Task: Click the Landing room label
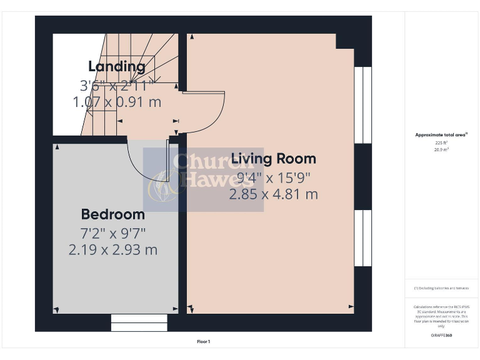click(117, 66)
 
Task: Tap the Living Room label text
click(273, 158)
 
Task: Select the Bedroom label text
click(113, 214)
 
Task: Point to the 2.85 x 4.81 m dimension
click(273, 194)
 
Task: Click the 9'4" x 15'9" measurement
click(273, 177)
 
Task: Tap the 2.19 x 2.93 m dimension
click(113, 250)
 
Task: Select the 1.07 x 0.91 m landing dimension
click(117, 102)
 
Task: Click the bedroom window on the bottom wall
click(139, 322)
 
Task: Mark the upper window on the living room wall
click(362, 104)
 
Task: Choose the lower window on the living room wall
click(362, 238)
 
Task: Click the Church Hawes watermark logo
click(203, 179)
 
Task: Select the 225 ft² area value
click(441, 142)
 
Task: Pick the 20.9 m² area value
click(441, 149)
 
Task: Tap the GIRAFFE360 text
click(441, 336)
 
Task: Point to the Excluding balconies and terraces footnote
click(441, 288)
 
